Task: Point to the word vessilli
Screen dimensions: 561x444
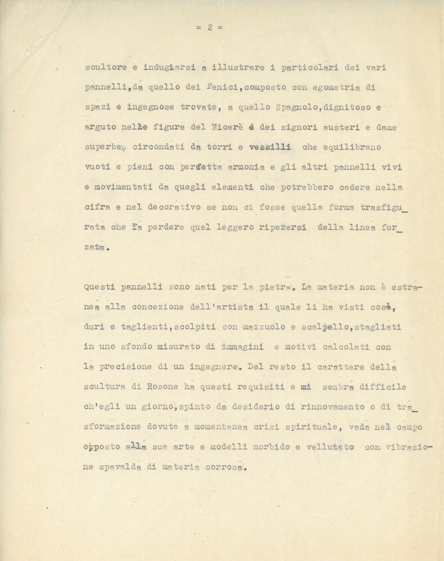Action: (270, 147)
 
